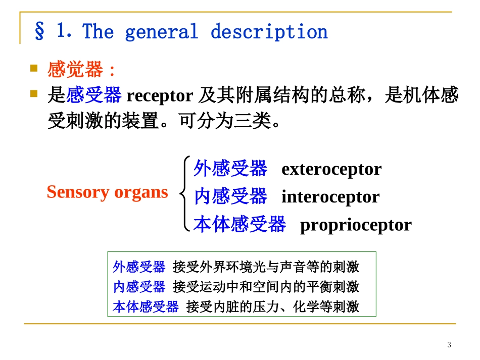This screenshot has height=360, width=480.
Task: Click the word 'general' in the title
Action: tap(161, 32)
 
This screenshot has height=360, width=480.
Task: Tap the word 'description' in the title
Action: tap(269, 32)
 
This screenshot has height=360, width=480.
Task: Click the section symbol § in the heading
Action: tap(39, 32)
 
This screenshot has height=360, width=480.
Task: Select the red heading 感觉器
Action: tap(75, 70)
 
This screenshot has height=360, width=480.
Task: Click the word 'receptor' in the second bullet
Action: tap(160, 95)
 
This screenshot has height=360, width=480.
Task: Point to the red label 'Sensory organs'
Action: tap(107, 192)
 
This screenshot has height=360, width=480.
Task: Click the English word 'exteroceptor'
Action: tap(331, 169)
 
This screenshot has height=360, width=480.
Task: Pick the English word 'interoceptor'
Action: tap(330, 197)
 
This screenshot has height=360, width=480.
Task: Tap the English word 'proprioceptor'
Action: tap(356, 225)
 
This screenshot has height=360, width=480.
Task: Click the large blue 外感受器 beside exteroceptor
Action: tap(230, 169)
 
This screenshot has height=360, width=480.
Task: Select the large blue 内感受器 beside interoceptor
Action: tap(230, 196)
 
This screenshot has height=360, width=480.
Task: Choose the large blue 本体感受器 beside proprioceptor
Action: tap(239, 224)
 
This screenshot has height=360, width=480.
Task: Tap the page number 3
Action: tap(449, 345)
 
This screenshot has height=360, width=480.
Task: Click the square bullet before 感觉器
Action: tap(34, 68)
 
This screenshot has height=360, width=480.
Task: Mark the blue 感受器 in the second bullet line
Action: tap(94, 95)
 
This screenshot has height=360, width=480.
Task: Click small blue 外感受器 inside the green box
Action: tap(139, 267)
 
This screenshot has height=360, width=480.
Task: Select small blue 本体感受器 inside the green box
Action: tap(146, 306)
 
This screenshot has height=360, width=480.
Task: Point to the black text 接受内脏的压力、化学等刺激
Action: tap(273, 306)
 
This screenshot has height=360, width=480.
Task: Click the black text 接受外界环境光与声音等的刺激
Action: tap(266, 267)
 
